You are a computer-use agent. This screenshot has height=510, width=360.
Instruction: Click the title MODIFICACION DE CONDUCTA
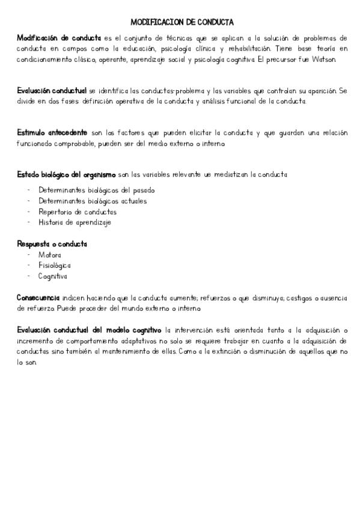point(182,22)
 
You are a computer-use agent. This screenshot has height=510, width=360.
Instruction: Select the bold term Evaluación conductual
point(52,91)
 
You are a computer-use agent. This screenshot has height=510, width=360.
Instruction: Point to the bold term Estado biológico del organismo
point(66,174)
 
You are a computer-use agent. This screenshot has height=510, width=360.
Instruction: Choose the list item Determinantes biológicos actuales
point(92,201)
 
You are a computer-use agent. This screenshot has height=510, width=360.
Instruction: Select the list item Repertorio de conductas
point(78,212)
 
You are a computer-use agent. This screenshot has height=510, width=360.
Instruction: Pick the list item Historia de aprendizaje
point(75,223)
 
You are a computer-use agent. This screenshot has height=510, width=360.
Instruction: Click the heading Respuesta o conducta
point(52,244)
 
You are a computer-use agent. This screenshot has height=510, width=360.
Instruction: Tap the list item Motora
point(49,255)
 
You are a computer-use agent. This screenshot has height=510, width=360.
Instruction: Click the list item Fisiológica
point(54,266)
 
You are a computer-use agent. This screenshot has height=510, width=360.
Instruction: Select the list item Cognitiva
point(53,277)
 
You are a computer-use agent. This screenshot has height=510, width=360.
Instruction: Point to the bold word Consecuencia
point(38,298)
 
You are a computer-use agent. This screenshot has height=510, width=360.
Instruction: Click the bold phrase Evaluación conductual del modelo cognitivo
point(89,330)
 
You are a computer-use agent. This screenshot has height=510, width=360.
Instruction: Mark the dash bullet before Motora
point(29,255)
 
